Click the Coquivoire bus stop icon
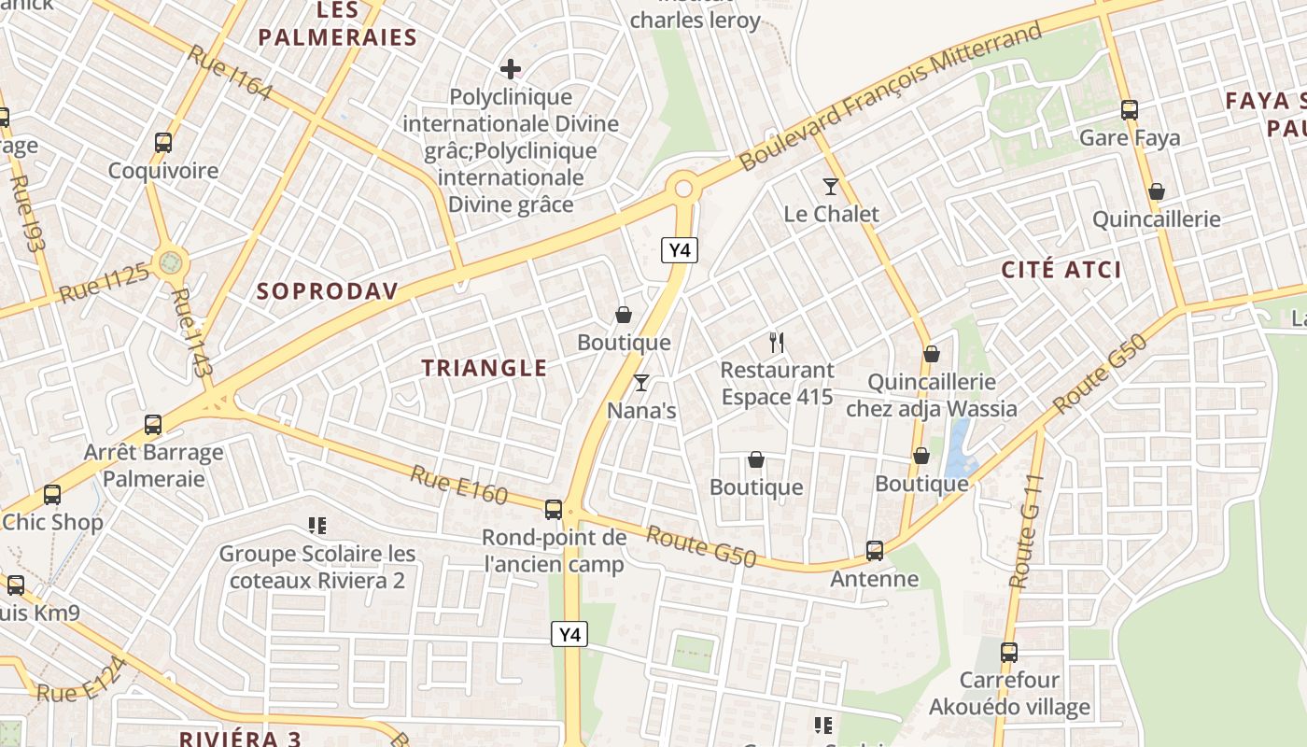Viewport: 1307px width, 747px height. (163, 143)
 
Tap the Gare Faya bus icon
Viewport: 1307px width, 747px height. (1129, 110)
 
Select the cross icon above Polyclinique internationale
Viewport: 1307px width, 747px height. (510, 69)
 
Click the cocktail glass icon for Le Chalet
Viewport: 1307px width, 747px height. (831, 187)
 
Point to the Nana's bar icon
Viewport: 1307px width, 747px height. (641, 383)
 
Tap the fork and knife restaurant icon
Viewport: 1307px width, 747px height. (776, 343)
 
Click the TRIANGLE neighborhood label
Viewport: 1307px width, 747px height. (485, 368)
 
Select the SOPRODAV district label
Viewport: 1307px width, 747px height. (328, 290)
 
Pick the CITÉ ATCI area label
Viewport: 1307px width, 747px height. (1061, 270)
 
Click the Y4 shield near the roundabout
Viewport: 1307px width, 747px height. (680, 250)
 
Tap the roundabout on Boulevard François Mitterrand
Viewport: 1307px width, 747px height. (683, 189)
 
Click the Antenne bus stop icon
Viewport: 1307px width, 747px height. (875, 551)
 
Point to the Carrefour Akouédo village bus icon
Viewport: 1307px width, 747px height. (1009, 653)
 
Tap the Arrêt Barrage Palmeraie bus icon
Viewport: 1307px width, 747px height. (153, 425)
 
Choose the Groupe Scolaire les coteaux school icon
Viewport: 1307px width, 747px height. (317, 527)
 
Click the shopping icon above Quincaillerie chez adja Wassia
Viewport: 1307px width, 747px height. (931, 355)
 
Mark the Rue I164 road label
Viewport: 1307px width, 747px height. (230, 72)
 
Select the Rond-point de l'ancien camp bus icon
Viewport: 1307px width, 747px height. (554, 509)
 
